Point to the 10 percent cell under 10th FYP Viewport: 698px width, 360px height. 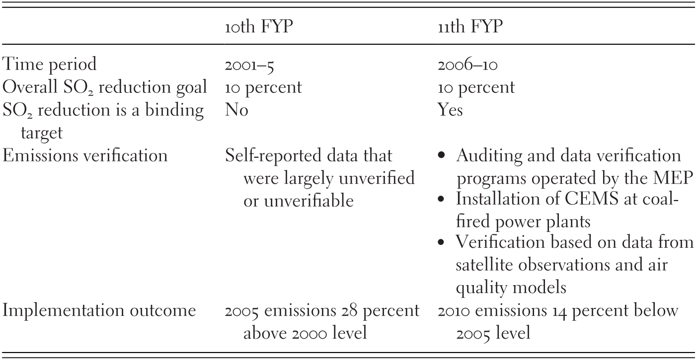[263, 88]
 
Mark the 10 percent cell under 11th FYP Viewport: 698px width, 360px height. [476, 88]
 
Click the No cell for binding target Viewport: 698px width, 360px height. [236, 110]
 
